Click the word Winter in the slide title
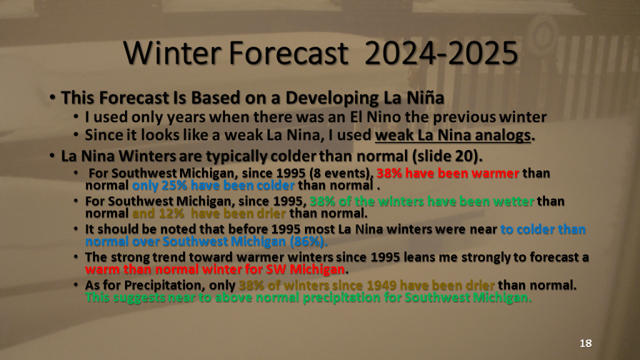pyautogui.click(x=172, y=53)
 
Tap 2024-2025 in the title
pyautogui.click(x=441, y=53)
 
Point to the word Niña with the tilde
pyautogui.click(x=425, y=97)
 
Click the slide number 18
pyautogui.click(x=586, y=343)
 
